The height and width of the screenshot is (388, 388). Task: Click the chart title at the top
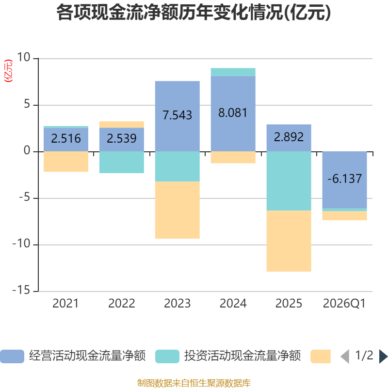pos(194,13)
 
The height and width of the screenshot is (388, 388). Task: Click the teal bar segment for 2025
pos(289,181)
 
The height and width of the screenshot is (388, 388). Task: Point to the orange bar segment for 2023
pos(177,210)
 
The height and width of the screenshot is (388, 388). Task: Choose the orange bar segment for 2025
pos(289,241)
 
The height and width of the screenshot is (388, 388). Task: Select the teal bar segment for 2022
pos(121,162)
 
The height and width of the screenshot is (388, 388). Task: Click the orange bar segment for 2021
pos(65,162)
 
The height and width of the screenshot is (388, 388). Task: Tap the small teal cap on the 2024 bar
pos(233,72)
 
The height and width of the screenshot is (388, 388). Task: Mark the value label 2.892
pos(289,137)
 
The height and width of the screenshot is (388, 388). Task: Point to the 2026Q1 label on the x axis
pos(344,304)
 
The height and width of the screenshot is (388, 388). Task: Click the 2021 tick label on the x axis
pos(65,304)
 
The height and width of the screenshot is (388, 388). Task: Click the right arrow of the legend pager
pos(383,356)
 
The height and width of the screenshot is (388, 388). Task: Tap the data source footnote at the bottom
pos(194,383)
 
